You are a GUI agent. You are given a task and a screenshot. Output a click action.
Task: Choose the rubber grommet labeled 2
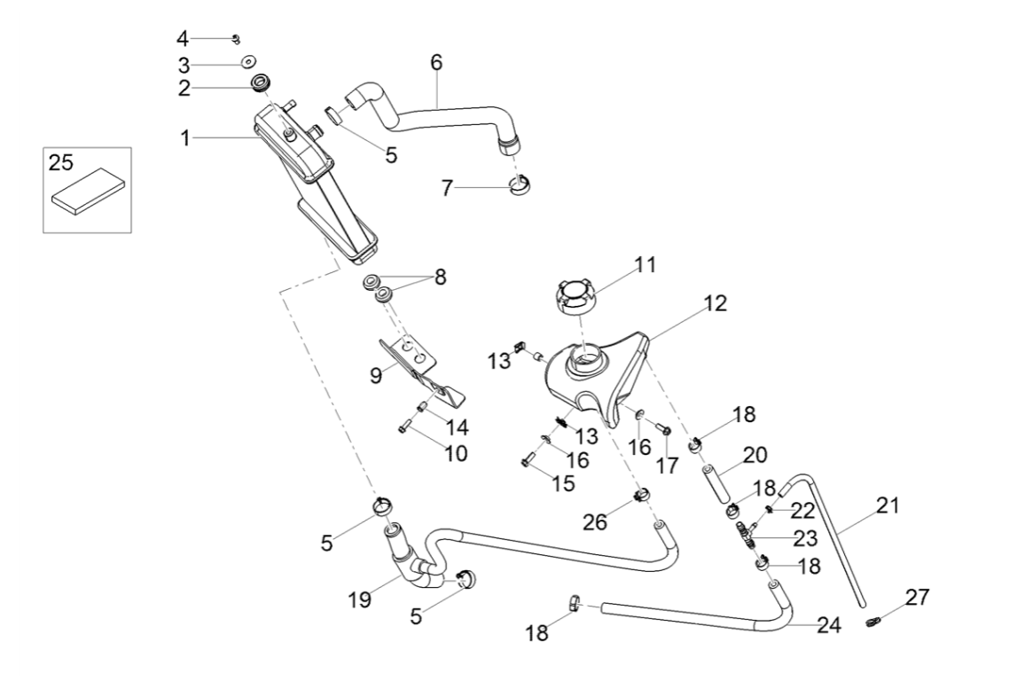[260, 85]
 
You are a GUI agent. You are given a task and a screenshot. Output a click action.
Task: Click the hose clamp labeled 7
[520, 184]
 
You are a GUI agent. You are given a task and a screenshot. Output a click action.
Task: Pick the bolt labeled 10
[403, 429]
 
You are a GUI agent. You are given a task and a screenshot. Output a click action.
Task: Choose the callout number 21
[887, 506]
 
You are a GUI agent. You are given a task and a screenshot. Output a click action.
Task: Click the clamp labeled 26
[641, 494]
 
